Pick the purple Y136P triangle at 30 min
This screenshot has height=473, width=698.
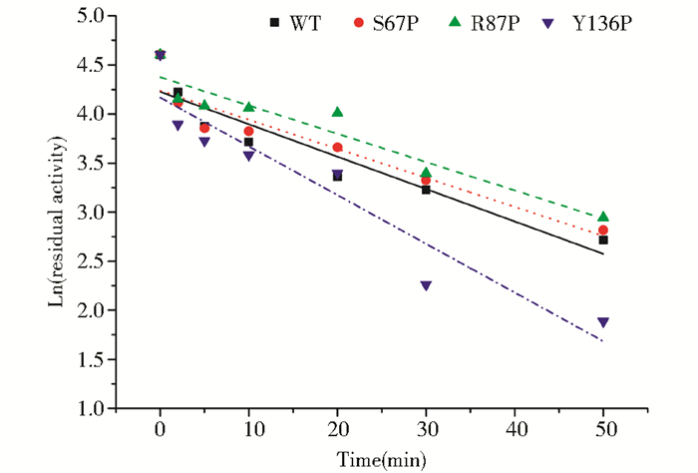pos(426,285)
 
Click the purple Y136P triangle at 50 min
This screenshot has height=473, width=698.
pos(603,322)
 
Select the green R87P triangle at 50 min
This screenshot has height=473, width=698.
pos(603,217)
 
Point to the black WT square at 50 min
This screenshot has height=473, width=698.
pos(603,240)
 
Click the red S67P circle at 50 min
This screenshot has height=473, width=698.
pos(603,230)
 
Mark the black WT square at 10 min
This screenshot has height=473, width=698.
pos(248,142)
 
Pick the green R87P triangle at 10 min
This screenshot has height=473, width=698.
pos(248,107)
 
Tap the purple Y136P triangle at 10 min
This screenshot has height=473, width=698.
pos(248,156)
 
